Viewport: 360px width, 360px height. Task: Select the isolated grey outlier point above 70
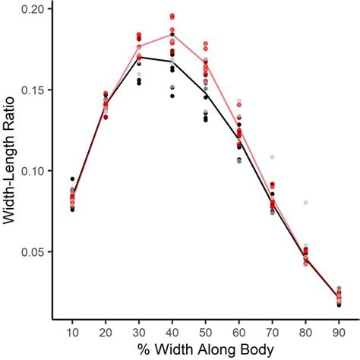tap(272, 156)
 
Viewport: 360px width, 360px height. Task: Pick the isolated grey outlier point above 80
tap(305, 203)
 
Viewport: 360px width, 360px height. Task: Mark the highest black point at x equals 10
tap(72, 179)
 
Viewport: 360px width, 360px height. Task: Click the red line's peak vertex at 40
tap(172, 33)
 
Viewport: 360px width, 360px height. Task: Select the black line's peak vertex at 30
tap(139, 57)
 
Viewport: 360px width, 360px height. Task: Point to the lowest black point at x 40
tap(172, 96)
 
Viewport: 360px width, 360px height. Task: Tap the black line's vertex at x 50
tap(206, 93)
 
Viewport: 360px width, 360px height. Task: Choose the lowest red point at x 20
tap(106, 117)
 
